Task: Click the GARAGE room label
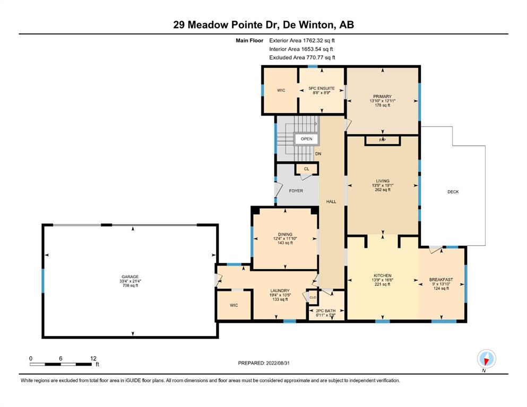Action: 130,277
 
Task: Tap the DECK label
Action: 453,192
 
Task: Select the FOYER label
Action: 296,191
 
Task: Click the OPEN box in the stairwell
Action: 307,139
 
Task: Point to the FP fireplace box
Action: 383,140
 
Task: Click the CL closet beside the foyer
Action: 307,169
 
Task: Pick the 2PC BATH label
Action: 326,311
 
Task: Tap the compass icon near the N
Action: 486,359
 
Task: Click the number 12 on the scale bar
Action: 93,358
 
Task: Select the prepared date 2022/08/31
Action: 278,363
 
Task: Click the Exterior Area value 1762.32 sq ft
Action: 319,41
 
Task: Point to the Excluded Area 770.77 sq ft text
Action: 302,57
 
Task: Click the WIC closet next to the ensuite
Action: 281,90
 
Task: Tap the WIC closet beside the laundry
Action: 234,305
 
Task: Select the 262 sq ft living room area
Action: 383,190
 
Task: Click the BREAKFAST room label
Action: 441,279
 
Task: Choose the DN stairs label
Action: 318,154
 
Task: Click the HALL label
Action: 331,202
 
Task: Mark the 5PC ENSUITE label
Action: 322,89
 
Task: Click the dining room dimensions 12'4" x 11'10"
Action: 285,238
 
